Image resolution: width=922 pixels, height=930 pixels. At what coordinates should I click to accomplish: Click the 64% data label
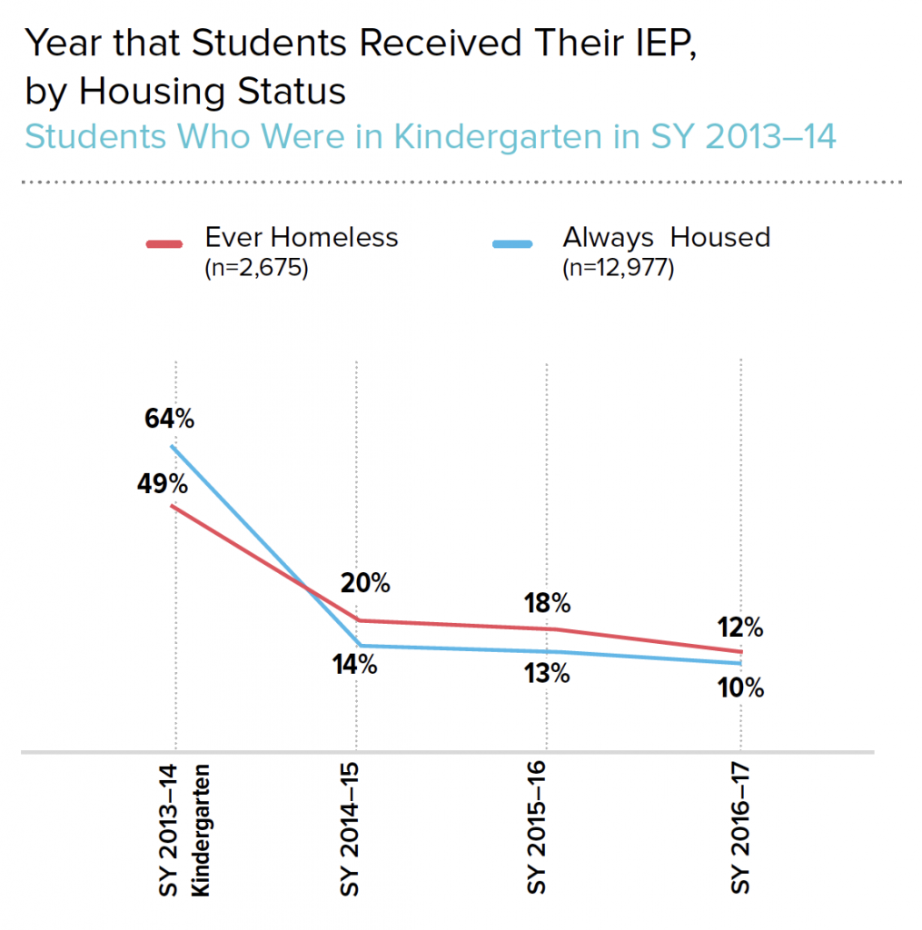click(x=169, y=420)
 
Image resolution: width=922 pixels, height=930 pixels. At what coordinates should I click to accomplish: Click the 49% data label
click(x=164, y=484)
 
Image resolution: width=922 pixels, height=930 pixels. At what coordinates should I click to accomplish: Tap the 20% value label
click(x=365, y=584)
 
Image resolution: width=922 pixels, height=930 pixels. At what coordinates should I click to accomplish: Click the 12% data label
click(x=739, y=628)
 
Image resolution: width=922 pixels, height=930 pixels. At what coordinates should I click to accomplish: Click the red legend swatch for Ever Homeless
click(x=164, y=243)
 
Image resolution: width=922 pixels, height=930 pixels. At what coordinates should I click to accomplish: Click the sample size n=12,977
click(x=618, y=269)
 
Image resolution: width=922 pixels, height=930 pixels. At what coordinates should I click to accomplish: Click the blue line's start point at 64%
click(x=173, y=446)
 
